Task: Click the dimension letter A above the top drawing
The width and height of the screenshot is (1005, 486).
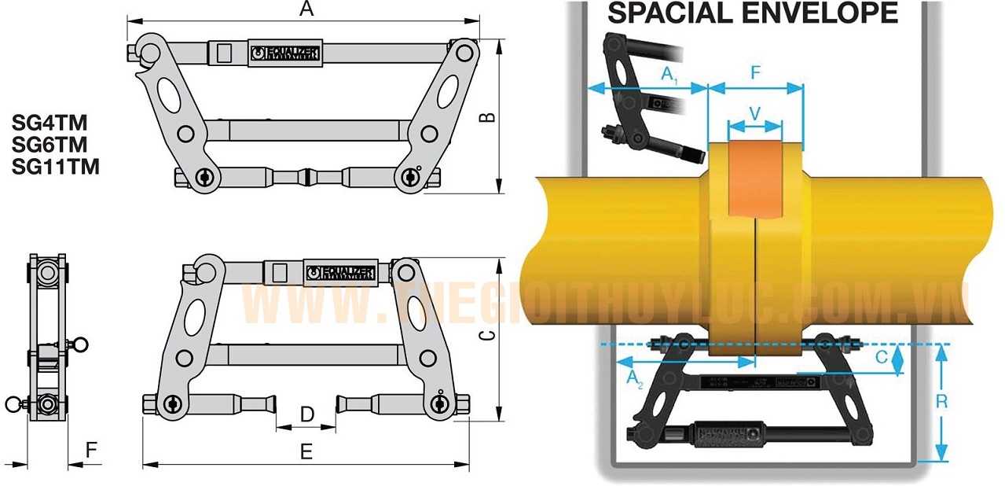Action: pyautogui.click(x=306, y=9)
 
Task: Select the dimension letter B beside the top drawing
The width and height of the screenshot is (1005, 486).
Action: pyautogui.click(x=488, y=116)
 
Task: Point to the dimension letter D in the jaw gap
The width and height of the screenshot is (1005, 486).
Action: pyautogui.click(x=308, y=414)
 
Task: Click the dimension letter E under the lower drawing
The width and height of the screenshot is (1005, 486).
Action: pyautogui.click(x=306, y=451)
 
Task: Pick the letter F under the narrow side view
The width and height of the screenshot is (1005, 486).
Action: pyautogui.click(x=92, y=451)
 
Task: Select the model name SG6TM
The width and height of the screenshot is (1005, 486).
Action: pyautogui.click(x=49, y=145)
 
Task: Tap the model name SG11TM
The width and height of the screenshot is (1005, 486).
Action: pyautogui.click(x=55, y=167)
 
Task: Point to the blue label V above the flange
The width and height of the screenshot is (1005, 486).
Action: pyautogui.click(x=754, y=113)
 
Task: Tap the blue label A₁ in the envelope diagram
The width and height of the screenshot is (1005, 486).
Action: pyautogui.click(x=669, y=75)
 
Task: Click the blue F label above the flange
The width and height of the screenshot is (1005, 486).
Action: pyautogui.click(x=755, y=74)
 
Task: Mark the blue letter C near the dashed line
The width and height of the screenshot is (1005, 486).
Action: pyautogui.click(x=882, y=358)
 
